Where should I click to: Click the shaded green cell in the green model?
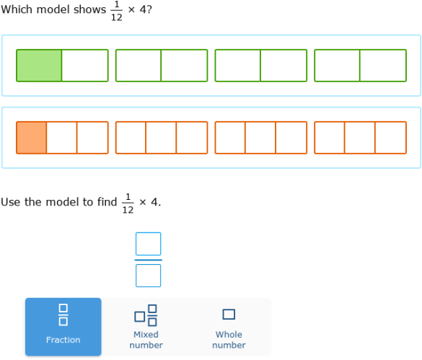(x=39, y=66)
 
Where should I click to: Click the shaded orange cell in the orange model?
(x=32, y=138)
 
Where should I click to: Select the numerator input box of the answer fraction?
(x=148, y=244)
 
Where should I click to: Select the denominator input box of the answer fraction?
(x=148, y=275)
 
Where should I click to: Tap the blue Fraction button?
(x=63, y=327)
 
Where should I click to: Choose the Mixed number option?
(x=146, y=327)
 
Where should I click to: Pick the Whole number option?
(x=229, y=327)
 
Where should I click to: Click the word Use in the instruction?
(x=11, y=202)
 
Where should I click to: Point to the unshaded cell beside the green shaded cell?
(x=85, y=66)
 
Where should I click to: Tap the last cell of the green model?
(x=383, y=66)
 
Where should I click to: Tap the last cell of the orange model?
(x=391, y=138)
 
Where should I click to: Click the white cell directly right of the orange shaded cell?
(x=62, y=138)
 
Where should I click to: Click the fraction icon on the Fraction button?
(x=63, y=315)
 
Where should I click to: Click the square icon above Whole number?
(x=229, y=314)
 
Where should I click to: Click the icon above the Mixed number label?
(x=146, y=315)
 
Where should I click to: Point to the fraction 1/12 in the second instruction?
(x=128, y=203)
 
